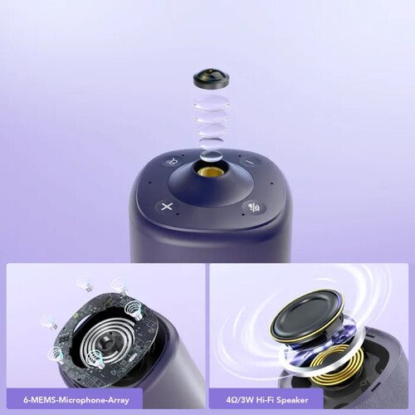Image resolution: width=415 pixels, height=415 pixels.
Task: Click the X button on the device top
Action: (x=167, y=207)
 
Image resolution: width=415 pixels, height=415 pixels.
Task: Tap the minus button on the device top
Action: (x=250, y=162)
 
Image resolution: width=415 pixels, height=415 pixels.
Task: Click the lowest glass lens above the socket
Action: (x=212, y=156)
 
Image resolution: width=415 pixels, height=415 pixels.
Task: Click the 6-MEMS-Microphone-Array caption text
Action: (x=76, y=400)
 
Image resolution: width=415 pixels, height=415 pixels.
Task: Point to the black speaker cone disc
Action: (x=306, y=313)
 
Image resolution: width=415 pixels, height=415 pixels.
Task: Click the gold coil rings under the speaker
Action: (x=332, y=364)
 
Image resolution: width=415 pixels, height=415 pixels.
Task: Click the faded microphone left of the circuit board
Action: (x=49, y=322)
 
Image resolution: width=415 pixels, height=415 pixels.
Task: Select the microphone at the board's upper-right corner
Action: (x=134, y=310)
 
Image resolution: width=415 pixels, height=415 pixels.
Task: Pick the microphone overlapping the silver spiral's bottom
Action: (x=95, y=359)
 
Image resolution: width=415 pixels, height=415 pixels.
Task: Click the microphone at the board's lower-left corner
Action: (x=56, y=354)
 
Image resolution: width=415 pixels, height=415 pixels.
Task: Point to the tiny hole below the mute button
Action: (x=242, y=214)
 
